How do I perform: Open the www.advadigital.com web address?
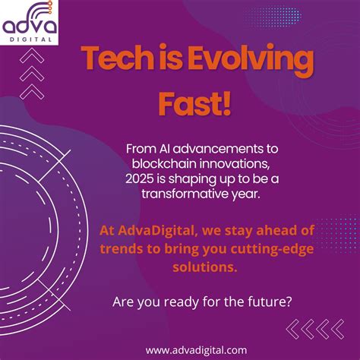click(196, 349)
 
